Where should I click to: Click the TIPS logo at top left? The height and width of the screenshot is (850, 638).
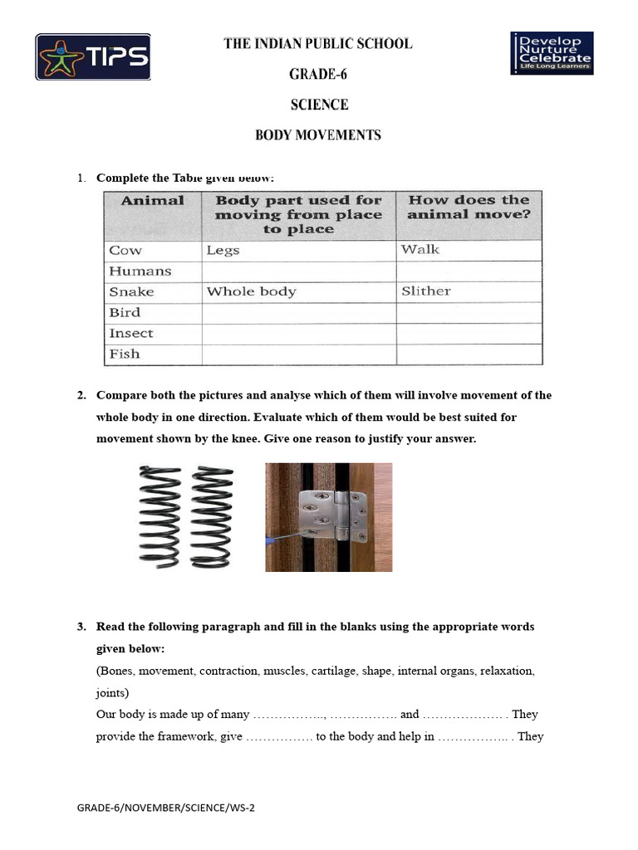[x=93, y=56]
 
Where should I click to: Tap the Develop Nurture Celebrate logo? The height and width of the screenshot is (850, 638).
[x=552, y=53]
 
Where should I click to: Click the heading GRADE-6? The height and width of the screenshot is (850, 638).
[x=318, y=75]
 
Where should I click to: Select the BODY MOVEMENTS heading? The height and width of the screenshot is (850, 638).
[x=318, y=135]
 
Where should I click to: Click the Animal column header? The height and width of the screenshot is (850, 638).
[x=153, y=201]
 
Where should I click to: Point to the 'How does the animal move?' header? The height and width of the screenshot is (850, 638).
[x=469, y=208]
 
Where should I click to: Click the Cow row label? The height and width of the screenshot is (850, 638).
[x=126, y=251]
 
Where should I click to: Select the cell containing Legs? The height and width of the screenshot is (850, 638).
[x=223, y=251]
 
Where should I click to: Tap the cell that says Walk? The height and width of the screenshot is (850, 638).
[x=420, y=250]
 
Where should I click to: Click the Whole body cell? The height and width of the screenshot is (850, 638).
[x=251, y=292]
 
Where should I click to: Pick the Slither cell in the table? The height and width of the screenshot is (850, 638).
[x=425, y=291]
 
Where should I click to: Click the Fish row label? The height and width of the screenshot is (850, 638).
[x=125, y=354]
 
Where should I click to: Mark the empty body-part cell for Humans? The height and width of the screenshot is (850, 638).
[x=298, y=271]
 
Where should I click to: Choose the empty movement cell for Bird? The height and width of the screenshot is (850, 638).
[x=469, y=313]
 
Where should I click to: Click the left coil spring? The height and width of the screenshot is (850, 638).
[x=158, y=516]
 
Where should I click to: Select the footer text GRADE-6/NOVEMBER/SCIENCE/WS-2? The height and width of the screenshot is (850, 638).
[x=166, y=808]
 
